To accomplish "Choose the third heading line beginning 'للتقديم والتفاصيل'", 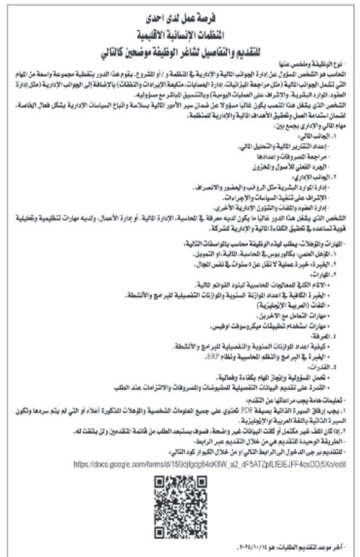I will [x=180, y=54].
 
